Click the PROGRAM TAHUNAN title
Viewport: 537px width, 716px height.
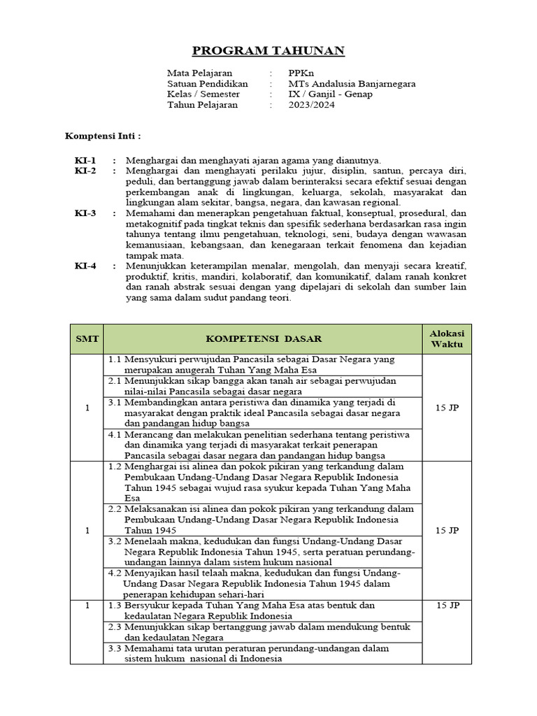click(268, 51)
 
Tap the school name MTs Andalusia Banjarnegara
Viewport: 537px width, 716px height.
click(352, 84)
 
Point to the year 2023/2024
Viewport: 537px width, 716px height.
click(311, 105)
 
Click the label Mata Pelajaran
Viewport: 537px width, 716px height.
click(199, 73)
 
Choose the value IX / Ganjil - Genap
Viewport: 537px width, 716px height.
click(330, 94)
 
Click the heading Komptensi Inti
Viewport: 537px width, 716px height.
click(103, 135)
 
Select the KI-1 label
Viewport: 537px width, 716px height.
click(86, 160)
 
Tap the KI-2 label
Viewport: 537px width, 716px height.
click(86, 171)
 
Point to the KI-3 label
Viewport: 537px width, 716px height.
click(86, 213)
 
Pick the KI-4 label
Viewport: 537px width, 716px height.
click(86, 266)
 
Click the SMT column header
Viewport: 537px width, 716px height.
click(87, 339)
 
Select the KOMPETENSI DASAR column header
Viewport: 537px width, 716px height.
click(264, 339)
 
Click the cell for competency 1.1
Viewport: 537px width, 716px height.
click(264, 364)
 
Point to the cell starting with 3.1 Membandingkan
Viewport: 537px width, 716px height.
click(264, 413)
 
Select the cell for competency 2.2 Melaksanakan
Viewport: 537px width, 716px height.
click(264, 520)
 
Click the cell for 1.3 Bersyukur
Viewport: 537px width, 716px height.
click(264, 610)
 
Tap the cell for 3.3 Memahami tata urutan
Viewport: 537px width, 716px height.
click(264, 654)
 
